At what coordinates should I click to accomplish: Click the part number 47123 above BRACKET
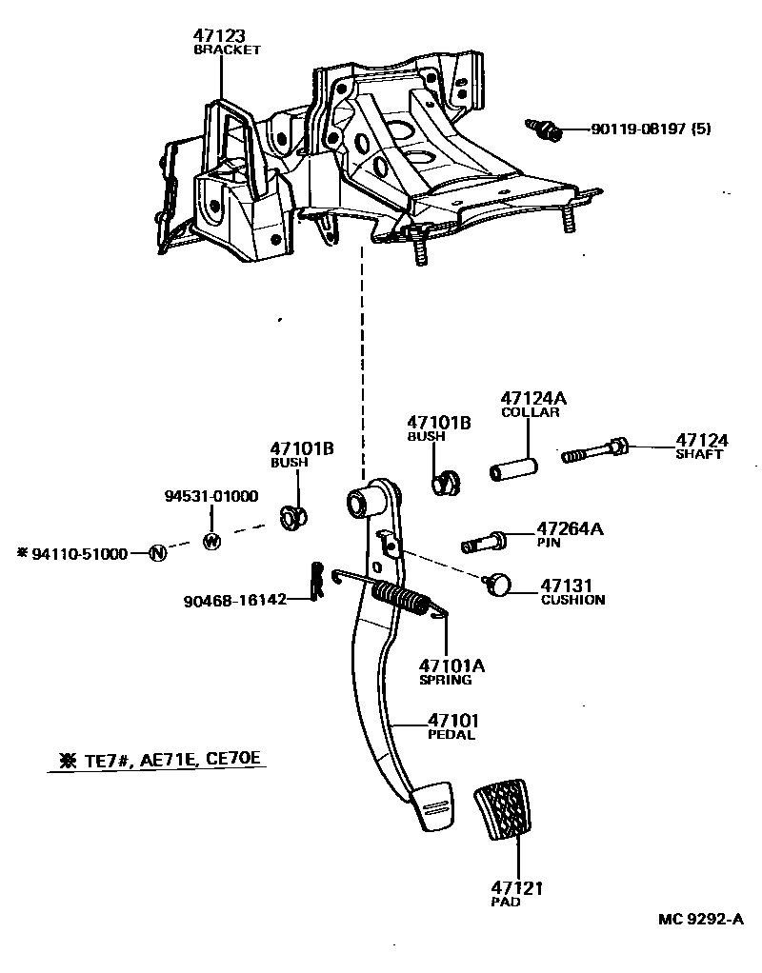pyautogui.click(x=219, y=36)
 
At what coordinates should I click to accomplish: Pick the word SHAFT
pyautogui.click(x=700, y=455)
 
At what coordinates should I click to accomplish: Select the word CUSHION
pyautogui.click(x=572, y=601)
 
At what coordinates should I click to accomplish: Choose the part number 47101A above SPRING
pyautogui.click(x=451, y=665)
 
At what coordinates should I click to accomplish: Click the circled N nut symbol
pyautogui.click(x=157, y=553)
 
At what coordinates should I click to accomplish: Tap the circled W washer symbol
pyautogui.click(x=211, y=540)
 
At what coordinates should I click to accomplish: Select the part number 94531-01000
pyautogui.click(x=211, y=497)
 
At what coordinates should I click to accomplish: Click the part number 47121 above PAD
pyautogui.click(x=517, y=887)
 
